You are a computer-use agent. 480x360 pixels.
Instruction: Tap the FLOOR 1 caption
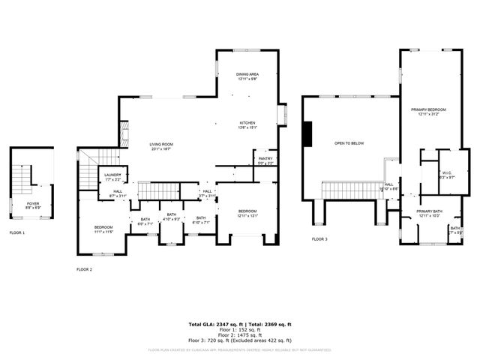pyautogui.click(x=17, y=233)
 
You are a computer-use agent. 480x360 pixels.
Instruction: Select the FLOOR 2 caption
pyautogui.click(x=84, y=268)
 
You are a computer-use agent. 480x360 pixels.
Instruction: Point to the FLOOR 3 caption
pyautogui.click(x=320, y=239)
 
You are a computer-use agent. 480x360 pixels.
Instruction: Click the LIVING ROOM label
pyautogui.click(x=161, y=145)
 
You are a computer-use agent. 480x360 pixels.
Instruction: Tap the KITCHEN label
pyautogui.click(x=248, y=124)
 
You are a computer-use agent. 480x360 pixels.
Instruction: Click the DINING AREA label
pyautogui.click(x=248, y=76)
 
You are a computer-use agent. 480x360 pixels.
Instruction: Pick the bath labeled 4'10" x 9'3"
pyautogui.click(x=172, y=216)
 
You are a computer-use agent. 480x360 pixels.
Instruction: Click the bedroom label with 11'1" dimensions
pyautogui.click(x=103, y=229)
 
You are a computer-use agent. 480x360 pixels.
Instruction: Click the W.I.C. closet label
pyautogui.click(x=446, y=174)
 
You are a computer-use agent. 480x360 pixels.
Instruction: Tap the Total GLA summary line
pyautogui.click(x=239, y=324)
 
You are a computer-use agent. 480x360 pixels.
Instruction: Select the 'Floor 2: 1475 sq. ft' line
pyautogui.click(x=239, y=334)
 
